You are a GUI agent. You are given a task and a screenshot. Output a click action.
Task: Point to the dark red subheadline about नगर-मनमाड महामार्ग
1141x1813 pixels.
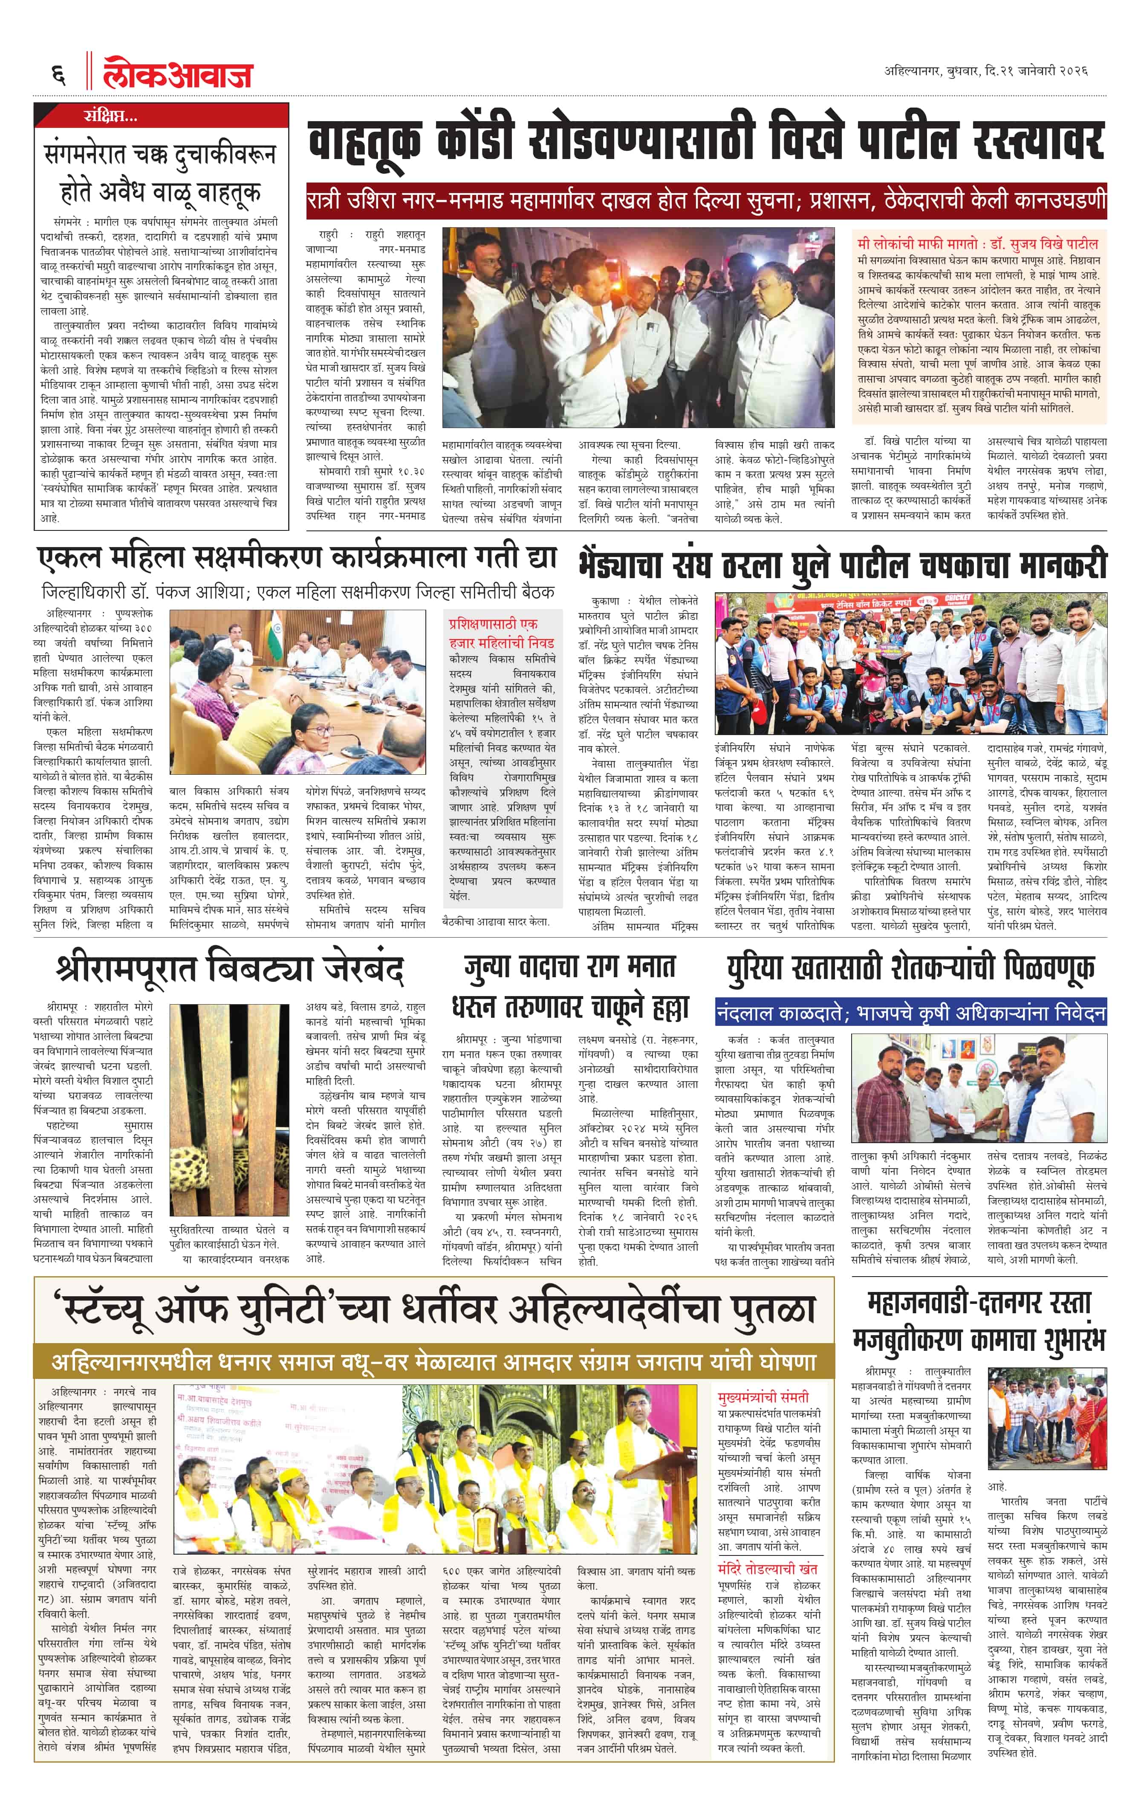coord(706,202)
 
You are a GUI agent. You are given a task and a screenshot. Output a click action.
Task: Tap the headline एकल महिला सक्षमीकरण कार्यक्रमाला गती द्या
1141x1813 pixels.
coord(298,558)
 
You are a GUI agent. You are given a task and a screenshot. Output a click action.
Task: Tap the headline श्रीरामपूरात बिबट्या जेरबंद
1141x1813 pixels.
coord(230,969)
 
